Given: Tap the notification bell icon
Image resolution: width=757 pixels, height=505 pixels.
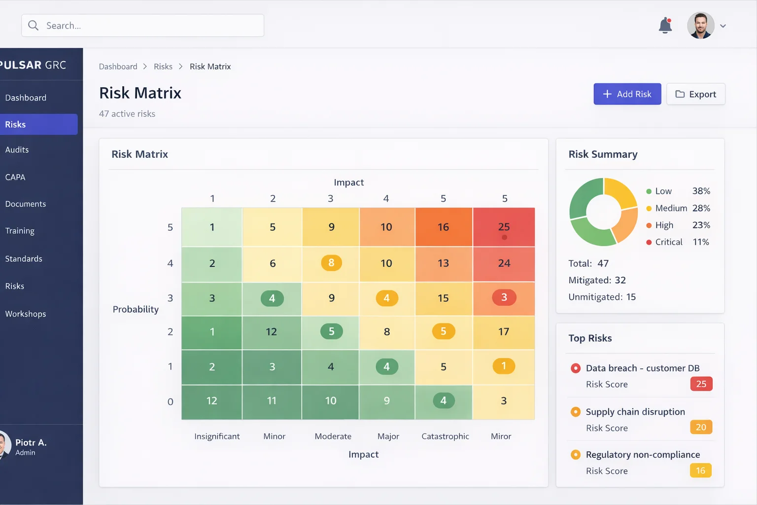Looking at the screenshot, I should pyautogui.click(x=665, y=25).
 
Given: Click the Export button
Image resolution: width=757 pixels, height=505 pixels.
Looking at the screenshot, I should pyautogui.click(x=695, y=94).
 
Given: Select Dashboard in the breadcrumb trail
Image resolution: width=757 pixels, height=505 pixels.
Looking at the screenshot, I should pyautogui.click(x=118, y=67).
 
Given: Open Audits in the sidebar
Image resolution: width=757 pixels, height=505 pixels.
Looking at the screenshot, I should pyautogui.click(x=17, y=150).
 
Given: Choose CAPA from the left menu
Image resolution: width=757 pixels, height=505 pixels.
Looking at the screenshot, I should pyautogui.click(x=15, y=177).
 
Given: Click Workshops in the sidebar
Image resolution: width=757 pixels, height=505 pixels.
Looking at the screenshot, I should pyautogui.click(x=26, y=314).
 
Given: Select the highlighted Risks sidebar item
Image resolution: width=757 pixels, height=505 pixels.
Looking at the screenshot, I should pyautogui.click(x=38, y=125).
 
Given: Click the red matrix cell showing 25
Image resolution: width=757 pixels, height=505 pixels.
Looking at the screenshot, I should pyautogui.click(x=504, y=227).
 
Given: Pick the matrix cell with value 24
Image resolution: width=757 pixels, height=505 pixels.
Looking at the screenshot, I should pyautogui.click(x=504, y=263).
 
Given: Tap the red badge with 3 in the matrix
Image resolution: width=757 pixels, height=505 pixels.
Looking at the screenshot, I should pyautogui.click(x=504, y=297).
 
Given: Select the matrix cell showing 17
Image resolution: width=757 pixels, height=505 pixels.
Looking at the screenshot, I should pyautogui.click(x=504, y=332).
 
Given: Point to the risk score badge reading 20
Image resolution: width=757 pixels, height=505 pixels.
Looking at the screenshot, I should pyautogui.click(x=701, y=428).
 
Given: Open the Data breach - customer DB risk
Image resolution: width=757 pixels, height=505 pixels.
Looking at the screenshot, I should pyautogui.click(x=642, y=368).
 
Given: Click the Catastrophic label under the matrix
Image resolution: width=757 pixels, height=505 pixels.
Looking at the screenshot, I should pyautogui.click(x=445, y=436).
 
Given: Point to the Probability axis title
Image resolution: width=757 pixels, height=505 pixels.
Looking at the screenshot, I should pyautogui.click(x=136, y=310).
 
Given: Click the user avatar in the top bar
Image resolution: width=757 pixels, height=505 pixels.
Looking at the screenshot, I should pyautogui.click(x=700, y=26).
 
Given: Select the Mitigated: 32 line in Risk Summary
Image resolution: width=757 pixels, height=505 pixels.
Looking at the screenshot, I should pyautogui.click(x=597, y=281).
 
